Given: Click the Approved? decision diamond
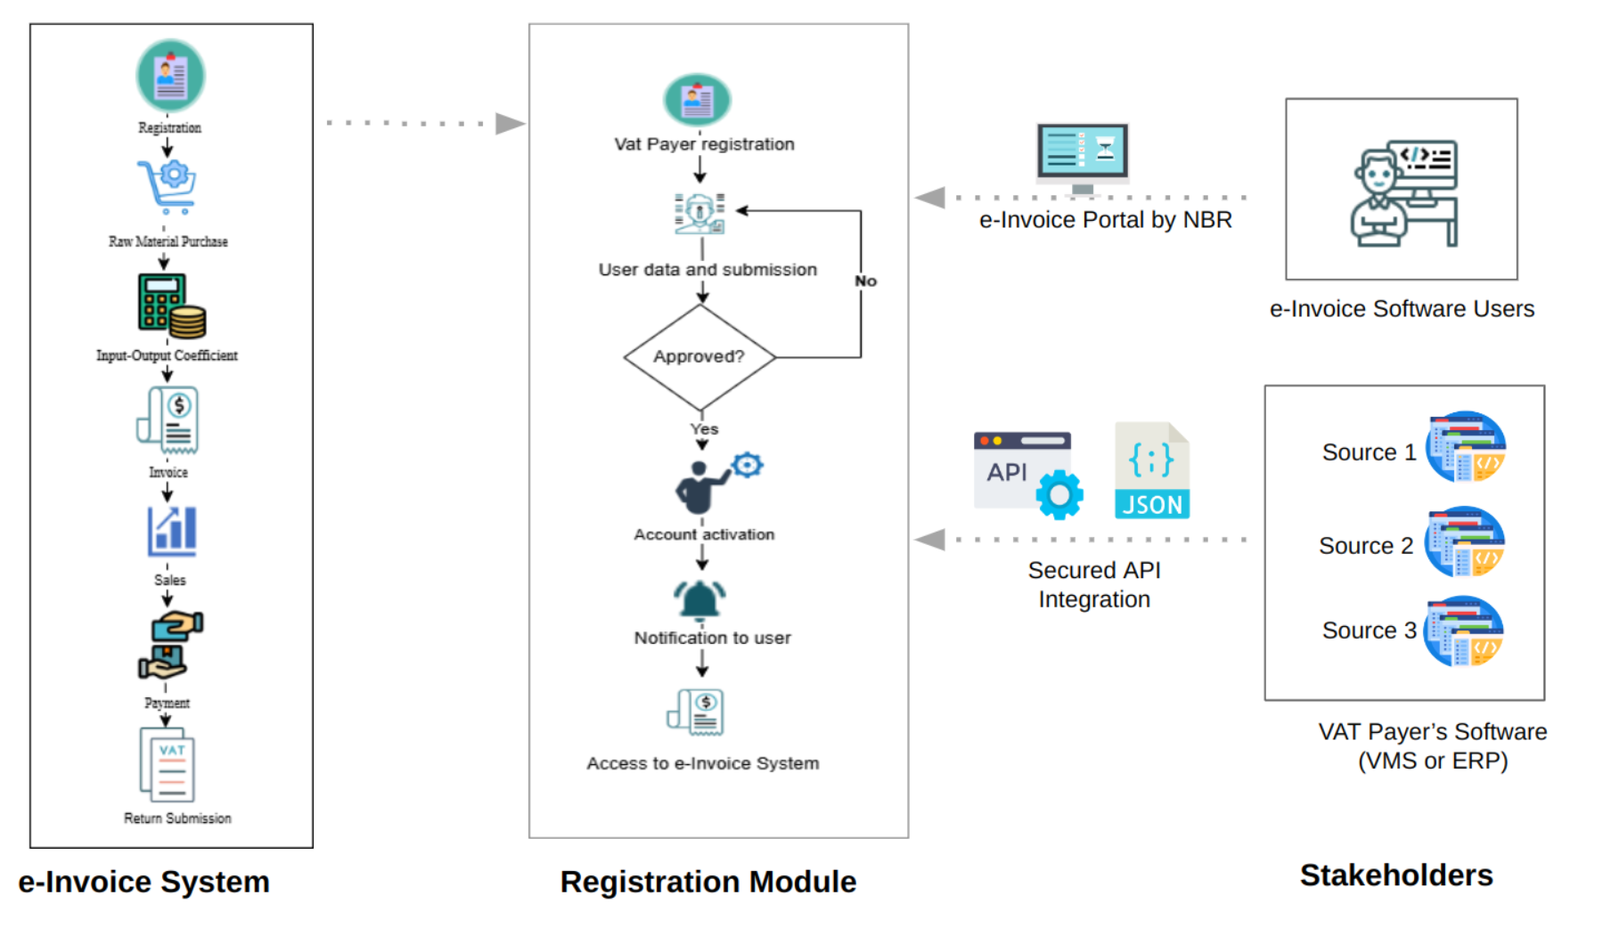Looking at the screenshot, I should [x=699, y=356].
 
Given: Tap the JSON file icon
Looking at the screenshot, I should [x=1151, y=470].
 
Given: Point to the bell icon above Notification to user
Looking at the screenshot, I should [x=700, y=599].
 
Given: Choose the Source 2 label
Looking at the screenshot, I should [x=1365, y=546].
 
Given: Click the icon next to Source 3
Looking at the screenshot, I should [x=1465, y=631].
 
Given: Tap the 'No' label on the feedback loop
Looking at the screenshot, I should [x=865, y=281].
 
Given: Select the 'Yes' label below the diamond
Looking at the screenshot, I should [x=704, y=429].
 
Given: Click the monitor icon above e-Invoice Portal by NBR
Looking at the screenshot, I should [x=1083, y=157].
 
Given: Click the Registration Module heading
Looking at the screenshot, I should [x=707, y=882].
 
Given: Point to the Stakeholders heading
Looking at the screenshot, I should [x=1395, y=875].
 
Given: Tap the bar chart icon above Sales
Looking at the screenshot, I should [x=171, y=531].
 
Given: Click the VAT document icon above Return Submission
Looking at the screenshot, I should [x=168, y=765].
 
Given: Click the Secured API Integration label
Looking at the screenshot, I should [x=1094, y=584].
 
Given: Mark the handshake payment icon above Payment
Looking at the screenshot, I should [x=170, y=645].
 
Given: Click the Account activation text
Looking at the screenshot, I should [x=704, y=534].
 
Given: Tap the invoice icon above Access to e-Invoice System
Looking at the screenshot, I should [x=696, y=712].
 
